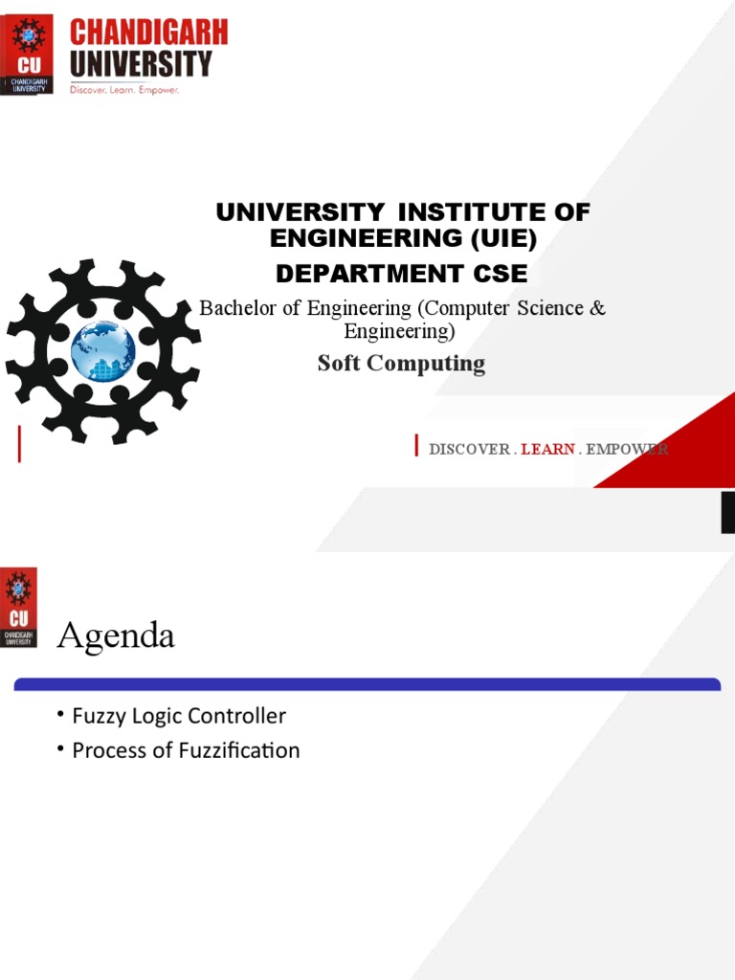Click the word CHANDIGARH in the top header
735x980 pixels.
pyautogui.click(x=148, y=33)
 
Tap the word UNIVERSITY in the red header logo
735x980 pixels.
pyautogui.click(x=141, y=64)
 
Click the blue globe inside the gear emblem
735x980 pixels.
pyautogui.click(x=103, y=351)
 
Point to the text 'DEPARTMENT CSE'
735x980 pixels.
pyautogui.click(x=401, y=274)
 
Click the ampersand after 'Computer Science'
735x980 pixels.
pyautogui.click(x=597, y=308)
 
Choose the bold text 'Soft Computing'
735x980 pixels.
pyautogui.click(x=401, y=364)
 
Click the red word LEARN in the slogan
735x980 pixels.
pyautogui.click(x=547, y=449)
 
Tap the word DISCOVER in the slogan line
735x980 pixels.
pyautogui.click(x=469, y=449)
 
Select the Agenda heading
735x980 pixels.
pyautogui.click(x=116, y=635)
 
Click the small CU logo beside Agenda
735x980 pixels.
pyautogui.click(x=19, y=607)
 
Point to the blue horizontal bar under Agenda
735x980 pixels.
pyautogui.click(x=367, y=684)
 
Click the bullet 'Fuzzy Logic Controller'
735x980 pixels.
pyautogui.click(x=179, y=716)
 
